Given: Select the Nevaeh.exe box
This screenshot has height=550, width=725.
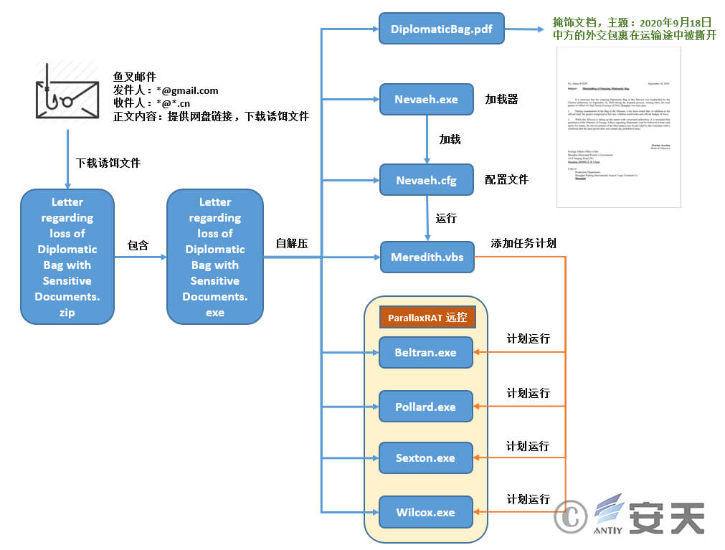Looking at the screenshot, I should (x=426, y=100).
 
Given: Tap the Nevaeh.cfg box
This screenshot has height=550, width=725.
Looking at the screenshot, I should (x=426, y=180).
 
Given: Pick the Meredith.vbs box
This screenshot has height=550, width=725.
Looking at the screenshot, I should (x=427, y=257).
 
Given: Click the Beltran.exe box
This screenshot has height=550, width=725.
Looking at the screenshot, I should (x=425, y=352).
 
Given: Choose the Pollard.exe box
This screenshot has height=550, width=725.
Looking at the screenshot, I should (x=425, y=407).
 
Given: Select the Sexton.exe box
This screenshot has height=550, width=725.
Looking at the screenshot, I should (x=425, y=457).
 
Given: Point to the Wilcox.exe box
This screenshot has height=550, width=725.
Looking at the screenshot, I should (x=425, y=512).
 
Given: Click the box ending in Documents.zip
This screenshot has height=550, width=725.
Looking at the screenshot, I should (x=67, y=257).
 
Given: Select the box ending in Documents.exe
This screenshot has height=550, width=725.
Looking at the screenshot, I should (x=214, y=257).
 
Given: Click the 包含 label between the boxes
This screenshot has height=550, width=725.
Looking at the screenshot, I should (x=138, y=245).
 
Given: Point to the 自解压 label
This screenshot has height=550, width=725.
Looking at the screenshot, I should (x=292, y=244).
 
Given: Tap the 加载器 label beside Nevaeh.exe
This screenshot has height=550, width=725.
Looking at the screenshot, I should (x=501, y=99).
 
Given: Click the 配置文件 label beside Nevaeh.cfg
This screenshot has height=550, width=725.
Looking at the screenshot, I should (x=506, y=180).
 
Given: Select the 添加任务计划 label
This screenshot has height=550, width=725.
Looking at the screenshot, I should (x=523, y=244).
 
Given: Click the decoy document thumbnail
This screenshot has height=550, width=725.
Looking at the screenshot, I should (x=618, y=128).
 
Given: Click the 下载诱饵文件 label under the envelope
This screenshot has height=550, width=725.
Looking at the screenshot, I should (x=108, y=163).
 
